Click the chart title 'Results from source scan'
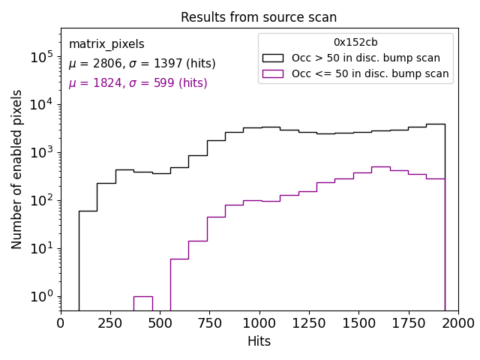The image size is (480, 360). (259, 17)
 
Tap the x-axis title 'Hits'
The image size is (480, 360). (259, 341)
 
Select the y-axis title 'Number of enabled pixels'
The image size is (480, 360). (17, 169)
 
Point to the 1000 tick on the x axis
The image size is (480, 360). (259, 310)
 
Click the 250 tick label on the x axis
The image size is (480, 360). (110, 323)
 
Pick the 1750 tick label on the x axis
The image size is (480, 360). (408, 323)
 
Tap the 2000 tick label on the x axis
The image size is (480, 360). (457, 323)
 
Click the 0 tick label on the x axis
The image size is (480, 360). (61, 323)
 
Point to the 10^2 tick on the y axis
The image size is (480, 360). (61, 200)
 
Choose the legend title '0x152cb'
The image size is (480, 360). (355, 43)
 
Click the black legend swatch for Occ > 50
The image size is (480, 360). (274, 58)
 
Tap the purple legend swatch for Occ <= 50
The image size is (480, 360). (274, 73)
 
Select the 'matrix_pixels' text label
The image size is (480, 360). (106, 44)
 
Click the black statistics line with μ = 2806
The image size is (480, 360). (142, 64)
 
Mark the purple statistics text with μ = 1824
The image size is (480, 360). (138, 83)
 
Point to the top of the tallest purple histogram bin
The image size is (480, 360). (380, 166)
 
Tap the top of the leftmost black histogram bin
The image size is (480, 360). (88, 211)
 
